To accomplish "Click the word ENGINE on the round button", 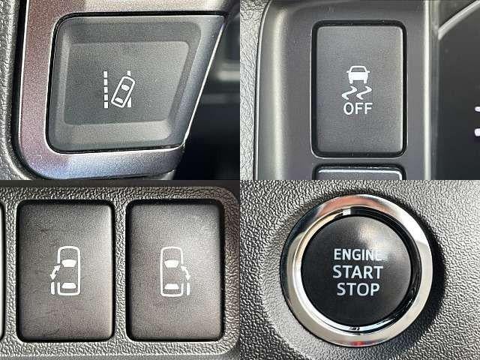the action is coord(358,255).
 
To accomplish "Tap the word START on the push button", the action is coord(358,271).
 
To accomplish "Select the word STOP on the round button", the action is coord(358,289).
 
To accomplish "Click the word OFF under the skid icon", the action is coord(358,109).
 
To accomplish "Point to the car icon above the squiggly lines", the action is coord(358,75).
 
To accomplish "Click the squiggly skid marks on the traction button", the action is coord(357,93).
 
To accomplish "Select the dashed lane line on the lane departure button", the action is coord(106,89).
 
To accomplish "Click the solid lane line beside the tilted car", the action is coord(129,88).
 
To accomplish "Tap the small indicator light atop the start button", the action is coord(346,211).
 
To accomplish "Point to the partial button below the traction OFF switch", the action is coord(358,173).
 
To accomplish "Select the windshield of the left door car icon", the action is coord(70,262).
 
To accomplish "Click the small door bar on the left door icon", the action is coord(53,289).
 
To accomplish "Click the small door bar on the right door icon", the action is coord(187,289).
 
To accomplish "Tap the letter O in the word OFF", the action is coord(348,109).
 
